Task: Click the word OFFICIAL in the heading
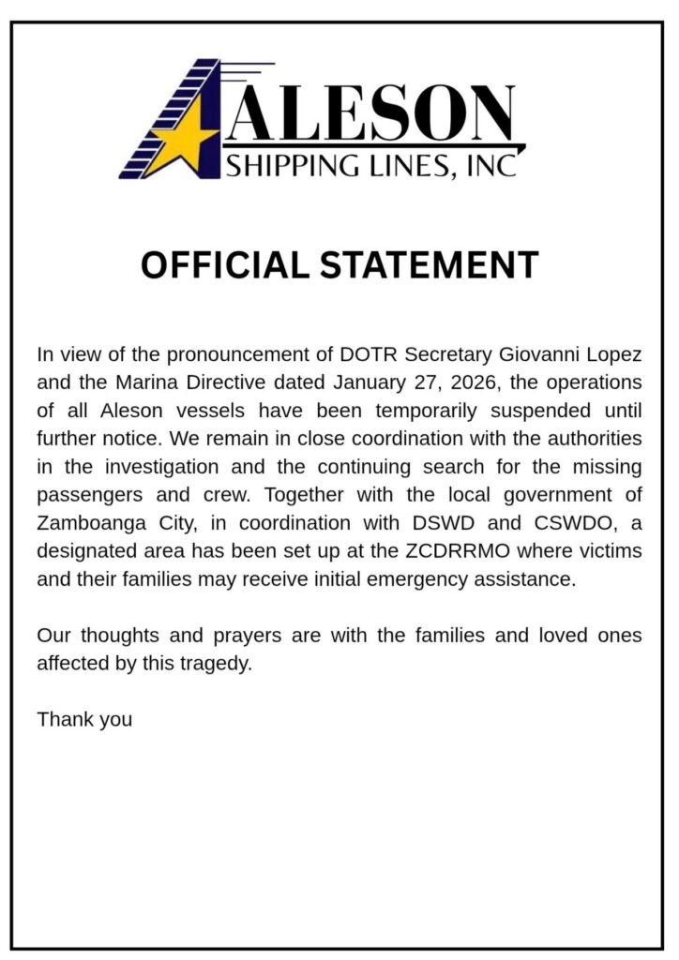224,265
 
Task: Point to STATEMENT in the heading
430,265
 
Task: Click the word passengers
92,495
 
